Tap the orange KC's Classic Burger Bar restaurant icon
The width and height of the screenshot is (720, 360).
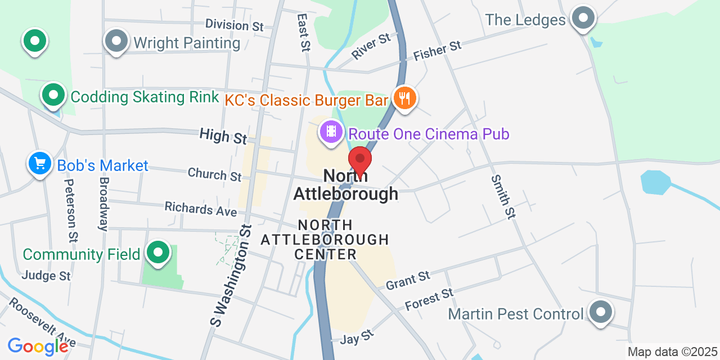pos(404,98)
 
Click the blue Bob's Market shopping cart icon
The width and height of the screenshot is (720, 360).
pos(39,164)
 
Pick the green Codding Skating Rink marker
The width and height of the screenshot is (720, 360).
pos(53,96)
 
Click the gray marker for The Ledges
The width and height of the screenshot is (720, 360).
pos(583,19)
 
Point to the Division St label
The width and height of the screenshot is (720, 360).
pos(235,25)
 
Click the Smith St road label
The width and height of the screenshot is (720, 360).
pos(503,197)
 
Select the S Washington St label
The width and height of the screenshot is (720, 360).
pos(231,276)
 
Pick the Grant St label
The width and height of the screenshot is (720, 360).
pos(408,280)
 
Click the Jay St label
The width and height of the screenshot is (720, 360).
pos(357,337)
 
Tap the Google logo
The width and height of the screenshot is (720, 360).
pos(38,346)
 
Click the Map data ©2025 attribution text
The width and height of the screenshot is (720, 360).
pos(673,352)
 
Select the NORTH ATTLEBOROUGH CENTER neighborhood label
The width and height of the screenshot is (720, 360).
pos(326,240)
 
